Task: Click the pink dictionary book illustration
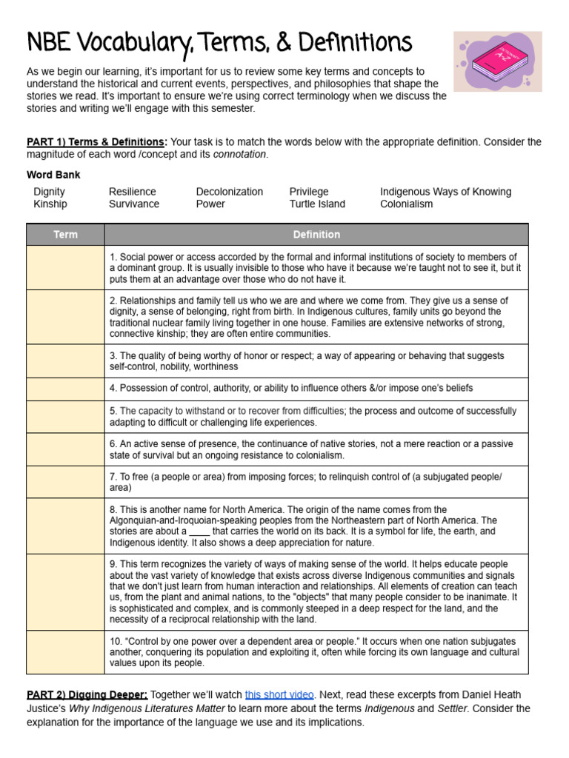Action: click(x=497, y=61)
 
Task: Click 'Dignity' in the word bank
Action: click(x=49, y=192)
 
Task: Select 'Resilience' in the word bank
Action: click(x=133, y=192)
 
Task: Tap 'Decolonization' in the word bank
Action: click(x=229, y=192)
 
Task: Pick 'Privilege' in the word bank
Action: click(x=309, y=192)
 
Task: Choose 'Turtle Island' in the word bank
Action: click(x=317, y=204)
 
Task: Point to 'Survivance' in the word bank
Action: click(x=134, y=204)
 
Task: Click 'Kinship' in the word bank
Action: click(x=50, y=204)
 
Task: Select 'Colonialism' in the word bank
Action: click(x=407, y=204)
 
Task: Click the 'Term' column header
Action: click(x=65, y=235)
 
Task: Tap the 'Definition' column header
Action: click(x=316, y=235)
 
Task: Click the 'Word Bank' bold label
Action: click(x=53, y=175)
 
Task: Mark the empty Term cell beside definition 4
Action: click(x=65, y=389)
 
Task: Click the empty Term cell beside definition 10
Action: click(x=65, y=652)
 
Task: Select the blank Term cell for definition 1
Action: click(x=65, y=268)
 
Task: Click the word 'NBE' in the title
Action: click(x=49, y=42)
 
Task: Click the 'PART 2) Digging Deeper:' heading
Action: click(x=87, y=695)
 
